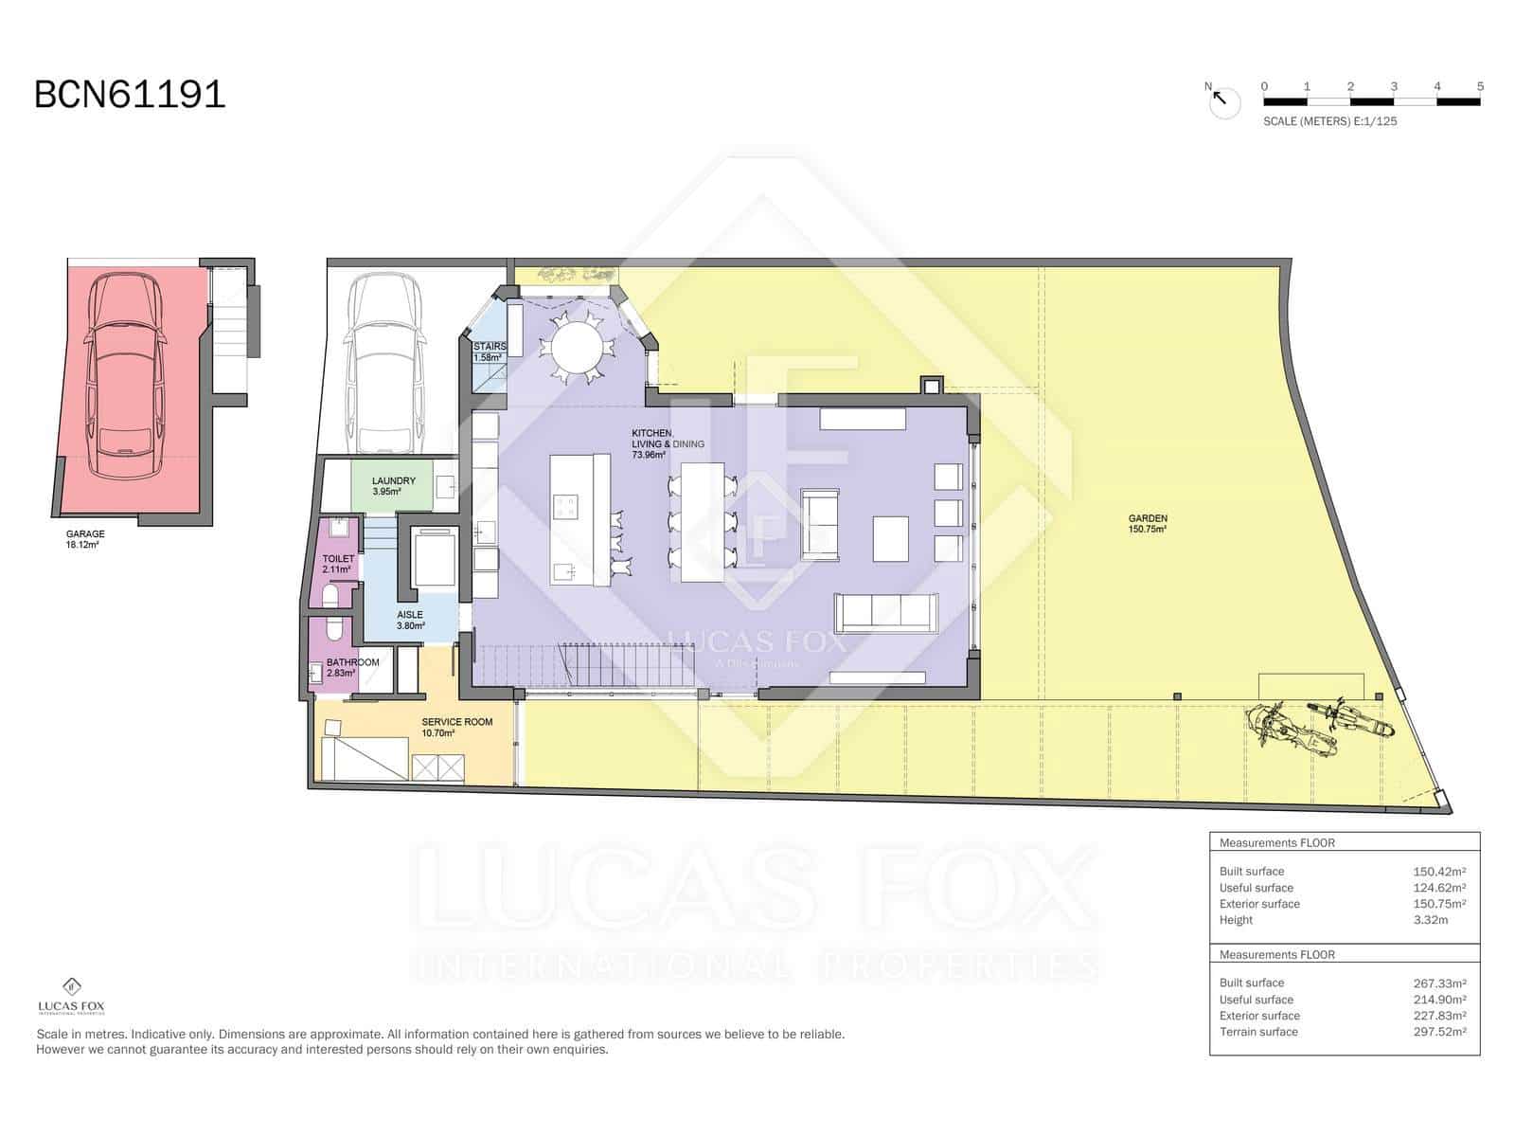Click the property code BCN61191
tap(130, 95)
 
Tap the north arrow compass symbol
tap(1223, 100)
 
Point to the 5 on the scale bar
tap(1479, 86)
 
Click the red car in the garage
tap(125, 376)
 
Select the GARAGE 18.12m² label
tap(85, 539)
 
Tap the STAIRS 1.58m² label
tap(489, 352)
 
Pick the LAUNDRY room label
tap(393, 486)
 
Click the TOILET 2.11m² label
tap(338, 564)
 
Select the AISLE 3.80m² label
tap(410, 620)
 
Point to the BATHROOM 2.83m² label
tap(352, 667)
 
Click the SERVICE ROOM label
tap(456, 727)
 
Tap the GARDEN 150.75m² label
tap(1147, 523)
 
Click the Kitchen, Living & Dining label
tap(667, 443)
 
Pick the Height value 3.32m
tap(1430, 920)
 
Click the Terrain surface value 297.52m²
tap(1439, 1032)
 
